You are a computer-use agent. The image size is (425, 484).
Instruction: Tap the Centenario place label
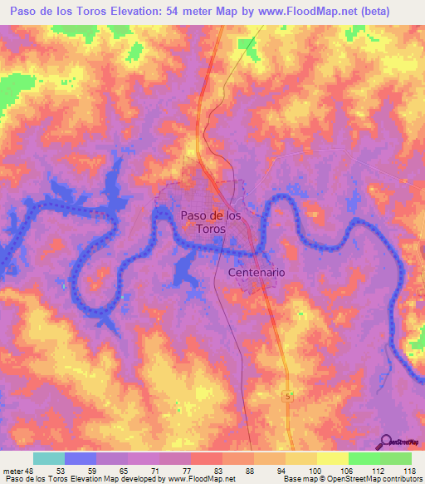coord(256,273)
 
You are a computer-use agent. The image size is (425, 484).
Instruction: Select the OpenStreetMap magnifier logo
coord(385,442)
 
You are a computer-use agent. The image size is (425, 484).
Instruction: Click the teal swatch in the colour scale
coord(49,458)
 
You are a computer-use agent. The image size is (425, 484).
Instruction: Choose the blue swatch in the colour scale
coord(81,458)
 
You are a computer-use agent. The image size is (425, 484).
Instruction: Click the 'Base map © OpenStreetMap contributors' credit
coord(351,479)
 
